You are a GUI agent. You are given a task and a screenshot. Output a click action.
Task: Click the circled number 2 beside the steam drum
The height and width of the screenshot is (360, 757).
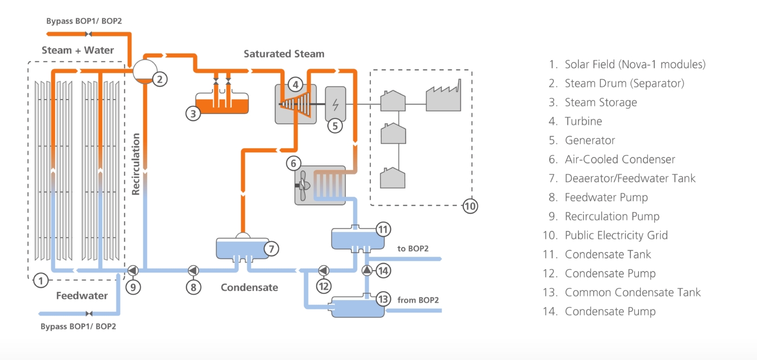click(x=160, y=79)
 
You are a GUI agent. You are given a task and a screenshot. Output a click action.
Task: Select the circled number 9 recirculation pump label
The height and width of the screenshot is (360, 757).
click(x=133, y=287)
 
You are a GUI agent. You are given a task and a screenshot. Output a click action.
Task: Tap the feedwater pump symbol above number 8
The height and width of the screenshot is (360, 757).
click(x=193, y=270)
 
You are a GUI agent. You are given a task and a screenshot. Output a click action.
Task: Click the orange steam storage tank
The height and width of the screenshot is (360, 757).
click(x=222, y=102)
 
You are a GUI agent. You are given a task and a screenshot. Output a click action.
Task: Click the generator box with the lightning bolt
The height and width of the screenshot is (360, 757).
click(x=335, y=103)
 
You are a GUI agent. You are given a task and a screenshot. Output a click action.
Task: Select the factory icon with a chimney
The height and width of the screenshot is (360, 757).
click(x=443, y=97)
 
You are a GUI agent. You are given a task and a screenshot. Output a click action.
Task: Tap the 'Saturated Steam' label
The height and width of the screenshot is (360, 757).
click(x=284, y=54)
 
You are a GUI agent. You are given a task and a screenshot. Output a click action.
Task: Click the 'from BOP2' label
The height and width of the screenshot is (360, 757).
click(x=418, y=299)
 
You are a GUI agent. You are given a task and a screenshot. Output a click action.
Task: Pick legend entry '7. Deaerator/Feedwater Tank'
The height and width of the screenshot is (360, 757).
click(x=622, y=178)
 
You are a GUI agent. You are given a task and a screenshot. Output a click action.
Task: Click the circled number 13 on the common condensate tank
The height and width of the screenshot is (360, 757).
click(x=383, y=299)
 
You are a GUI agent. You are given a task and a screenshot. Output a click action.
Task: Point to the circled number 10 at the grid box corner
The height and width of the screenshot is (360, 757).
click(x=470, y=205)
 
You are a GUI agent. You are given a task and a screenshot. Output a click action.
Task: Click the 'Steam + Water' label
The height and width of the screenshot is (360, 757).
click(x=78, y=50)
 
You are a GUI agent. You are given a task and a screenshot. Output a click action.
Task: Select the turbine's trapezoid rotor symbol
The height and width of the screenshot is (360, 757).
click(x=297, y=103)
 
